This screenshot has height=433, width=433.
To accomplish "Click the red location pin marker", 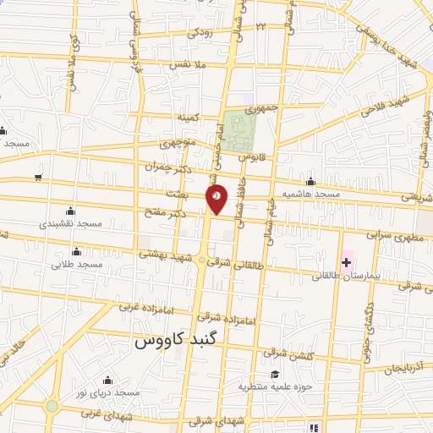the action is [216, 199].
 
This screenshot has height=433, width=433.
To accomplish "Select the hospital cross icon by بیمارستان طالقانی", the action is [346, 260].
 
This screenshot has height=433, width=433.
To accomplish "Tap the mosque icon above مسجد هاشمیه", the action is [311, 181].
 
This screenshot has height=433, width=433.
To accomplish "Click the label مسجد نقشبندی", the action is [71, 225].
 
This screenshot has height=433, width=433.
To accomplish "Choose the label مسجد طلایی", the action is [77, 265].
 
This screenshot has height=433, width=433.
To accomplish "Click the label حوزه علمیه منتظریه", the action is [274, 387].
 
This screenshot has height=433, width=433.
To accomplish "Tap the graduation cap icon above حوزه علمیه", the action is [274, 374].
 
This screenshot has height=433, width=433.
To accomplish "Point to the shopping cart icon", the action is [38, 177].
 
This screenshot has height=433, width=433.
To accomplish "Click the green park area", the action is [241, 129].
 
